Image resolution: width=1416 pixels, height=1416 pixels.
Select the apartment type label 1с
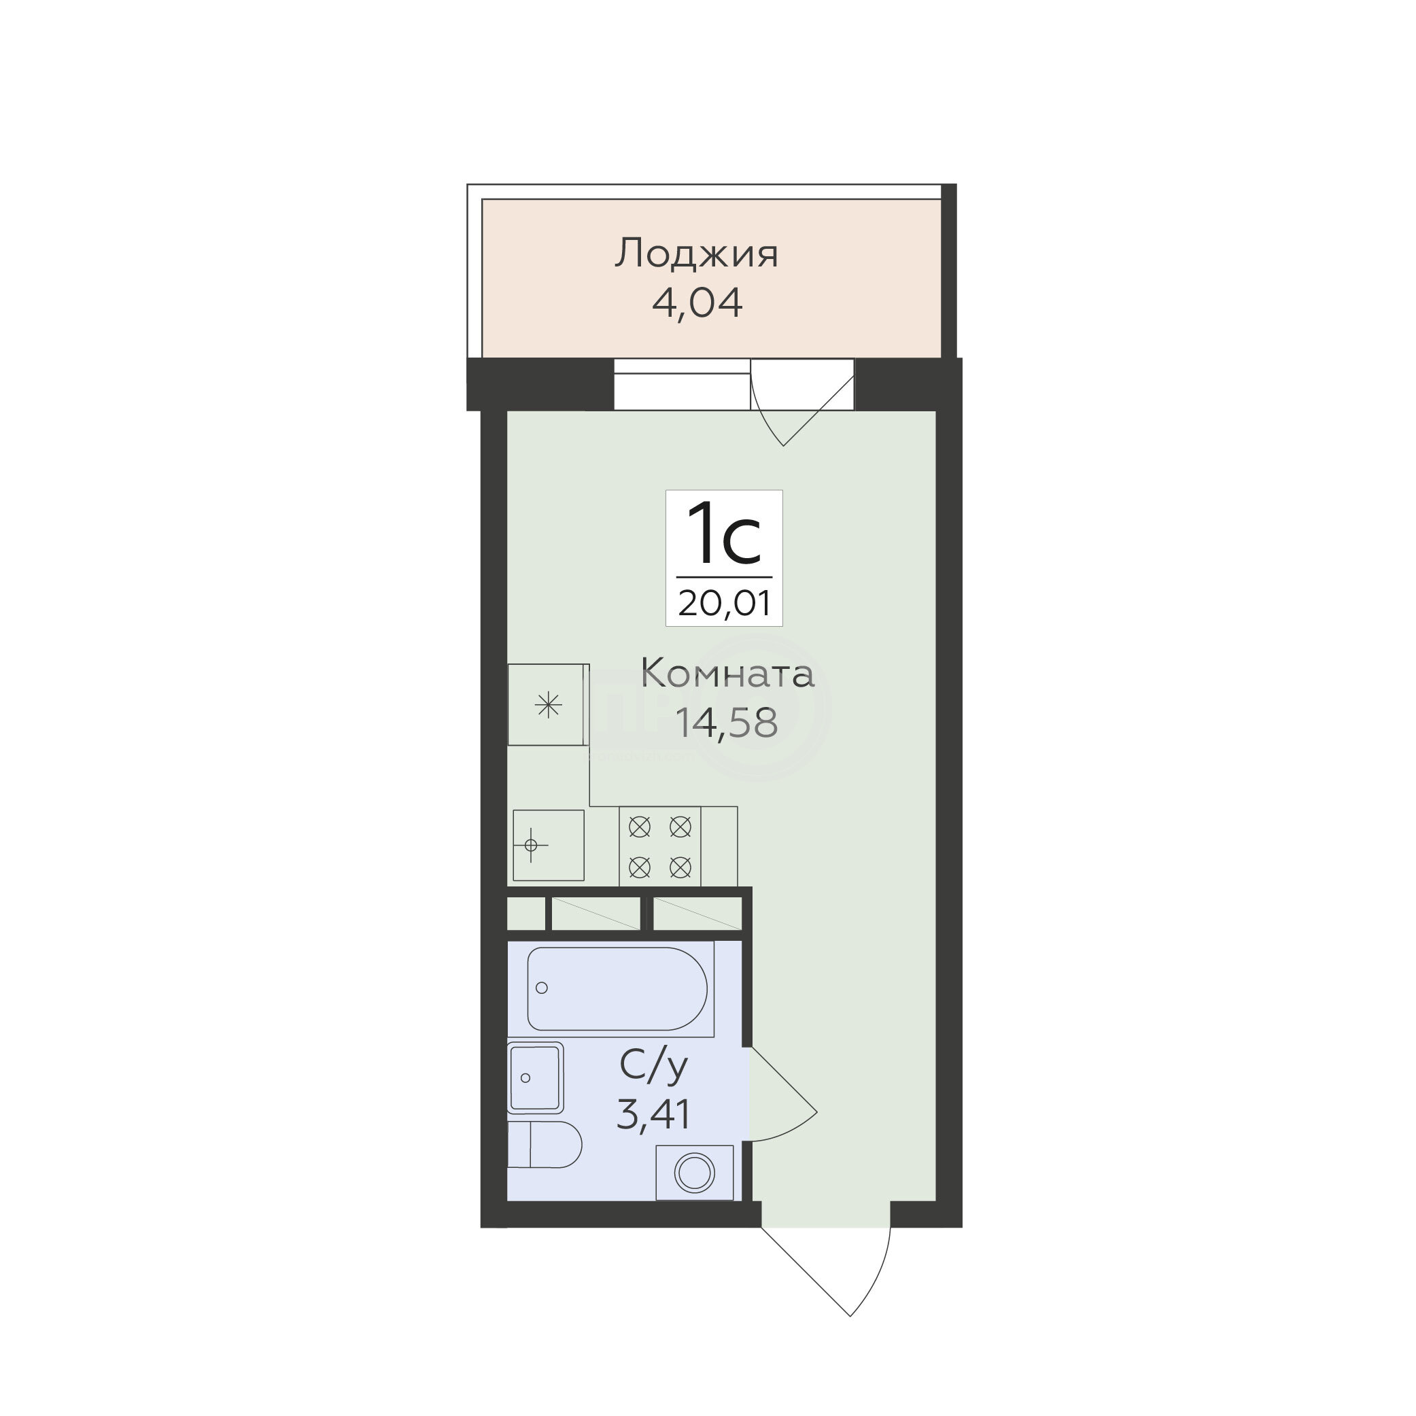pos(724,533)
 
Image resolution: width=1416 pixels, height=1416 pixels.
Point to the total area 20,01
pos(724,603)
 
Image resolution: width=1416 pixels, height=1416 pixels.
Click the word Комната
pos(728,674)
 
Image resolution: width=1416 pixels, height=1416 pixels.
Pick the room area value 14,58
pos(725,722)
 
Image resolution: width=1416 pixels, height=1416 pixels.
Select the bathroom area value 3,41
pos(654,1116)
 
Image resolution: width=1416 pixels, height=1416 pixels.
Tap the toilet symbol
pos(545,1144)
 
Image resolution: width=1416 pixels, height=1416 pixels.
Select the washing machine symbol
pos(694,1173)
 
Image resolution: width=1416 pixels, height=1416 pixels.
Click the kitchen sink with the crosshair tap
pos(548,845)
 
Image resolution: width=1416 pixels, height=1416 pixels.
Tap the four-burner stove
pos(659,846)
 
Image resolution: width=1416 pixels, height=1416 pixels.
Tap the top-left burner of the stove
pos(640,827)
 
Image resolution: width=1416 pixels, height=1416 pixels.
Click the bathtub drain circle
pos(542,988)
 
